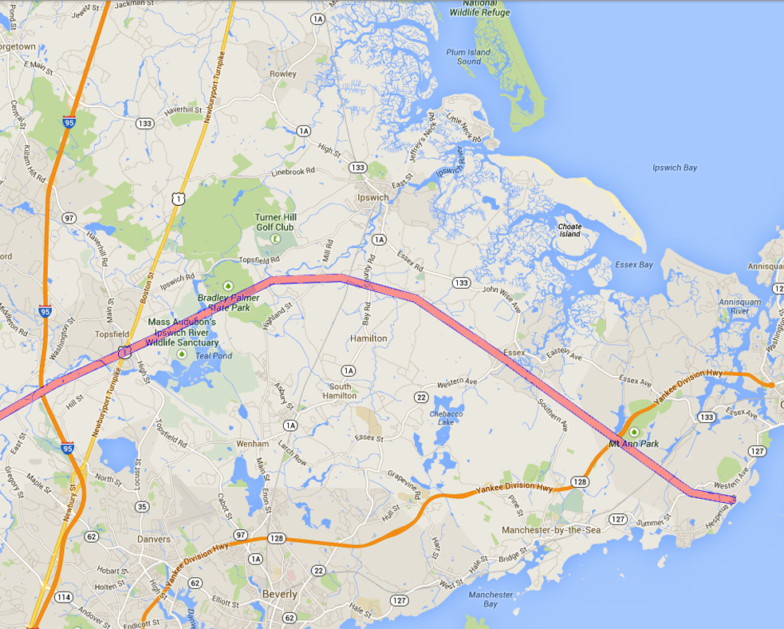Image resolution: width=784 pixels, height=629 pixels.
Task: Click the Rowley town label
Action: tap(283, 73)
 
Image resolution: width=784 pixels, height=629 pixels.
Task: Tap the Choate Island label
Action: tap(569, 230)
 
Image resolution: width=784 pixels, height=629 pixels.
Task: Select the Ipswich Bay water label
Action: tap(675, 168)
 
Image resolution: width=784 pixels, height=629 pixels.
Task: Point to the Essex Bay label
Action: tap(634, 264)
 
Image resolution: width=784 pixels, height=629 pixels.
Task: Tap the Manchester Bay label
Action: tap(490, 599)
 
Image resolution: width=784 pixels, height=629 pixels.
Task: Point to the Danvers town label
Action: tap(153, 539)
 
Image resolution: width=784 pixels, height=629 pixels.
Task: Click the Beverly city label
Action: tap(280, 594)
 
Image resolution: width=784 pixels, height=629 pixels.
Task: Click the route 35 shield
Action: tap(141, 506)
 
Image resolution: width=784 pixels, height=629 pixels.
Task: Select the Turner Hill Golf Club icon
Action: tap(275, 238)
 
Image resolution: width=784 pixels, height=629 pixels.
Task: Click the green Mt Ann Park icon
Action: tap(634, 431)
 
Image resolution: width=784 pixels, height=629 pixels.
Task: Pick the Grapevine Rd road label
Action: tap(407, 485)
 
